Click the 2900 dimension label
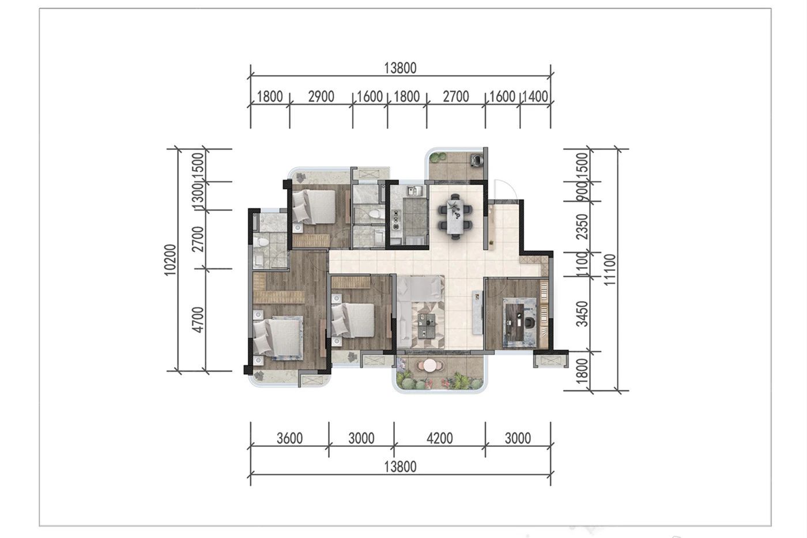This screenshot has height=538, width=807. pos(321,96)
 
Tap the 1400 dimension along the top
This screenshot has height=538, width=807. pos(535,96)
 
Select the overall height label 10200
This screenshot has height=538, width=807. pos(171,260)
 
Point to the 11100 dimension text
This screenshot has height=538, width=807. pos(610,269)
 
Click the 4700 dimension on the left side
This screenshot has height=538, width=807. pos(198,319)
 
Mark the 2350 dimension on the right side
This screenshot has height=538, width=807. pos(582,227)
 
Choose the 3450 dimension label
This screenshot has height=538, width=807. pos(582,314)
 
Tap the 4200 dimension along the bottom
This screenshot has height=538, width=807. pos(439,438)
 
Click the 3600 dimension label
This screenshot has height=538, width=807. pos(289,438)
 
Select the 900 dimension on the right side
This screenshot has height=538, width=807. pos(582,191)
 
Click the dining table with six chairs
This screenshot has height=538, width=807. pos(455,216)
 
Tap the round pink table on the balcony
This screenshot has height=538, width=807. pos(429,366)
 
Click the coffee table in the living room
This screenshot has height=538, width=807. pos(427,325)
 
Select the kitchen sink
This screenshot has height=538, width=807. pos(413,191)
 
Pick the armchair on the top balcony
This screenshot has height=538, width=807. pos(477,159)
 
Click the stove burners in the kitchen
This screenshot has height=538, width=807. pos(396,219)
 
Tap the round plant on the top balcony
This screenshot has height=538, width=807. pos(438,157)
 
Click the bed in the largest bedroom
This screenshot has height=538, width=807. pos(277,338)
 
